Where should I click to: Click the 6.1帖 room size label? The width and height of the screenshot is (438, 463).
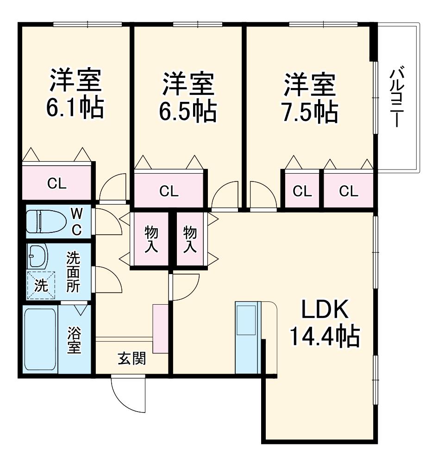tap(75, 108)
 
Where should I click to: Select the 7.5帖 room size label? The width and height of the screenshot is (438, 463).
tap(310, 112)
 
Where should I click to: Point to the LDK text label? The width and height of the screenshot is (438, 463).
tap(325, 309)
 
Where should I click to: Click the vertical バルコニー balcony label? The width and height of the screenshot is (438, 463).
tap(397, 97)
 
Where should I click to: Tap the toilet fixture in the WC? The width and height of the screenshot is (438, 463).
tap(46, 221)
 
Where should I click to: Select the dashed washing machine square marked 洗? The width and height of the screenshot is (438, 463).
tap(41, 285)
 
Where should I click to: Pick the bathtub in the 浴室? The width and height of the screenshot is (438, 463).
tap(40, 339)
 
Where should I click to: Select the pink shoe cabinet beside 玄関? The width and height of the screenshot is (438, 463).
tap(160, 328)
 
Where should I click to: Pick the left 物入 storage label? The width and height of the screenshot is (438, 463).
tap(151, 239)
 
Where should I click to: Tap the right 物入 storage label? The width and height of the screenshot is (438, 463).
tap(190, 239)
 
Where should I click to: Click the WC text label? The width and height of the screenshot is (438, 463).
tap(76, 221)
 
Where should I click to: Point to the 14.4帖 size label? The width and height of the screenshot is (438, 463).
tap(325, 336)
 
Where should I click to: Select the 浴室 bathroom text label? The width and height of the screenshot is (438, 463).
tap(74, 340)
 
